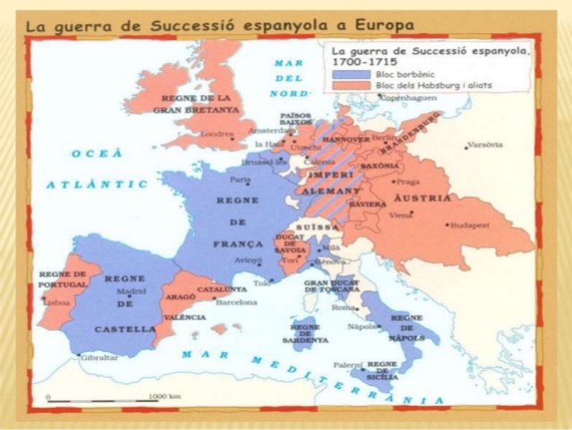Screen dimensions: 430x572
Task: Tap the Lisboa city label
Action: point(56,304)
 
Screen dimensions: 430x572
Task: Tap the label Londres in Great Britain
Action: point(217,133)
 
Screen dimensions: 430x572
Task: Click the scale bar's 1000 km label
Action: point(166,395)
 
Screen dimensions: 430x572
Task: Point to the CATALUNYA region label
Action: point(222,289)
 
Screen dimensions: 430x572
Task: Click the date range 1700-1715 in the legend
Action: point(362,64)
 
